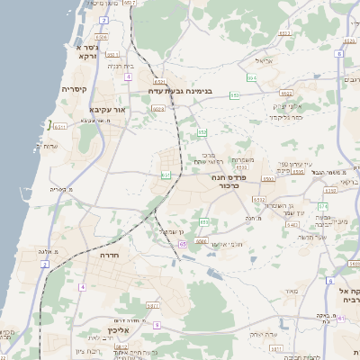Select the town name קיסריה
tap(74, 89)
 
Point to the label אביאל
tap(265, 61)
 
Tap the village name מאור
tap(290, 291)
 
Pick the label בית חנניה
tap(121, 66)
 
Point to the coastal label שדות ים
tap(45, 146)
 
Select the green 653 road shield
tap(235, 94)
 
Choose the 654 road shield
tap(253, 79)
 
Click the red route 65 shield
tap(184, 244)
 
